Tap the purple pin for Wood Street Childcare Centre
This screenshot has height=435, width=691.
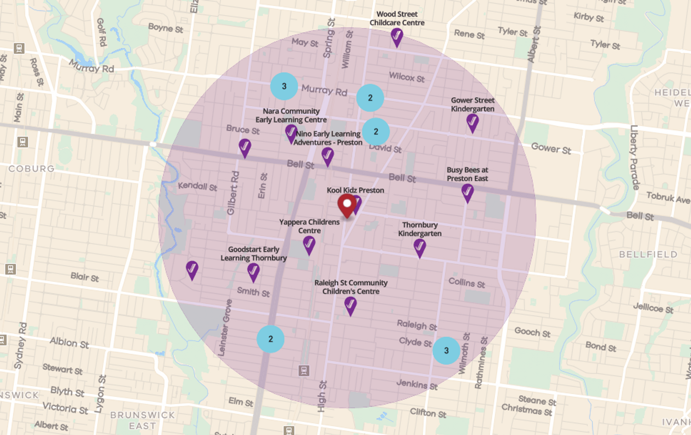point(396,37)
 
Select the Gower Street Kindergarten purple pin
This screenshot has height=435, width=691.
point(472,122)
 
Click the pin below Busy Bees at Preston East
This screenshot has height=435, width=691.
point(467,193)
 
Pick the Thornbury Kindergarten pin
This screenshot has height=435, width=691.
point(420,248)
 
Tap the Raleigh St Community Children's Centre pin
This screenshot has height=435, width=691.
point(350,306)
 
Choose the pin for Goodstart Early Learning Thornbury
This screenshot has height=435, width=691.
point(253,272)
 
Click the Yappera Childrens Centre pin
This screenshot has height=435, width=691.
point(309,245)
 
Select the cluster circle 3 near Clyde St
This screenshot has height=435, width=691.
point(446,350)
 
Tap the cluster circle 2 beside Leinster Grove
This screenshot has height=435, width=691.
point(270,339)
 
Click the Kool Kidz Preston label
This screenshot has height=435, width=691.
point(355,190)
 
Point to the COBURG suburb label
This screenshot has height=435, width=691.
point(31,169)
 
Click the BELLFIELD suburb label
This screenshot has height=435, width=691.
point(648,254)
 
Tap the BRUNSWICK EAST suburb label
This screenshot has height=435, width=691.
point(143,420)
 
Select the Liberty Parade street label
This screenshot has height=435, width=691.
point(634,157)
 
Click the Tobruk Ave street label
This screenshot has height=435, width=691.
point(668,197)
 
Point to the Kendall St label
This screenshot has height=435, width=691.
point(197,186)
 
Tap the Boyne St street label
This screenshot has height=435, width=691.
point(166,28)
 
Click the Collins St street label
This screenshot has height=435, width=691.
point(467,283)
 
